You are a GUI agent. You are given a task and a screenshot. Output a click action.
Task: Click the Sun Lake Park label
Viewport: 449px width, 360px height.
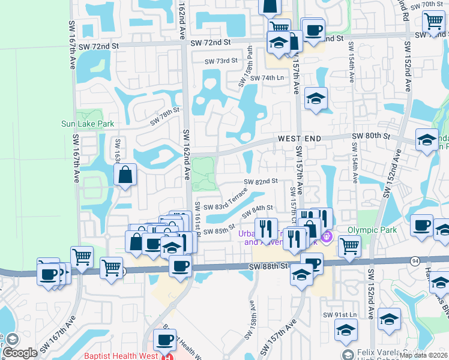point(88,124)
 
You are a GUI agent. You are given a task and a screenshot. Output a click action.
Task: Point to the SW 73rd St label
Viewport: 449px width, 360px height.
point(221,61)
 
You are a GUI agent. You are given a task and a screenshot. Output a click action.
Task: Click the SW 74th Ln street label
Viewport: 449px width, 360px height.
point(267,78)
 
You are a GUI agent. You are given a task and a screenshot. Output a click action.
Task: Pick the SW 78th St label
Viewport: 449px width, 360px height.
point(165,116)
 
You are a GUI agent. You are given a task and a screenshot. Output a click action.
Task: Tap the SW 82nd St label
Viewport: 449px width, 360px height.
point(261,181)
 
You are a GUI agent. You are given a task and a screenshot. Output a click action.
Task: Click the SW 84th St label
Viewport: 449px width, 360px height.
point(258,211)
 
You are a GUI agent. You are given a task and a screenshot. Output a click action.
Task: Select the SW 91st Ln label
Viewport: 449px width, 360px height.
point(340,315)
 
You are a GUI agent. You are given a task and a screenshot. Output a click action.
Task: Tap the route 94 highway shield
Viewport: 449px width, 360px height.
point(415,261)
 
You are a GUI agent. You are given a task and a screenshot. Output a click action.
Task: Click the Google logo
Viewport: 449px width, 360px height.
point(20,353)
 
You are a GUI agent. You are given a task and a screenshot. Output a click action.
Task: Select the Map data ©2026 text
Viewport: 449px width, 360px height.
point(423,355)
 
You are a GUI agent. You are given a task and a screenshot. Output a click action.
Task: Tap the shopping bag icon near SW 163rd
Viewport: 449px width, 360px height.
point(125,175)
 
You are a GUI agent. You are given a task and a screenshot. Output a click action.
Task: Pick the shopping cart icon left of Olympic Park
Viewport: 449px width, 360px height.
point(349,245)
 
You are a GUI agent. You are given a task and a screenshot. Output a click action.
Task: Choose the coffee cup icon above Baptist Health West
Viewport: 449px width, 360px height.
point(164,340)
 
